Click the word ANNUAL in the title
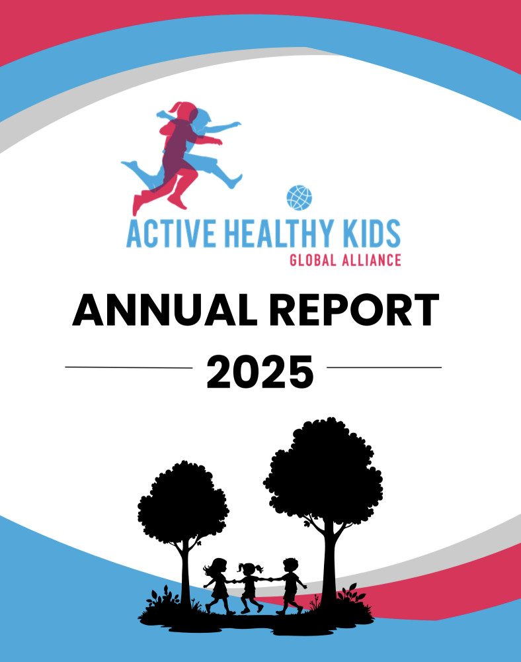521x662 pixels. click(164, 310)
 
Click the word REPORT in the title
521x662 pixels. click(354, 310)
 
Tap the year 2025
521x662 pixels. click(260, 371)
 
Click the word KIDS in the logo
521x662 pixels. click(372, 233)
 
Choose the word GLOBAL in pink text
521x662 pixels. click(313, 260)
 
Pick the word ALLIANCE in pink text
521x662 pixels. click(372, 260)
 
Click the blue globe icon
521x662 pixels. click(300, 197)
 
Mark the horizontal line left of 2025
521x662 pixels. click(128, 367)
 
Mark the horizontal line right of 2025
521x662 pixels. click(384, 367)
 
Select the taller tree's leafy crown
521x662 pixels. click(323, 473)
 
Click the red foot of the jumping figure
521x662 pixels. click(138, 205)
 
